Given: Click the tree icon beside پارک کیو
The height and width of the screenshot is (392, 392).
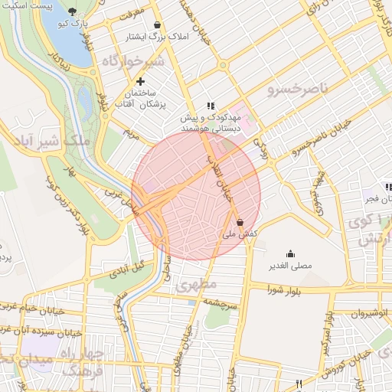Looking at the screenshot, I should (73, 11).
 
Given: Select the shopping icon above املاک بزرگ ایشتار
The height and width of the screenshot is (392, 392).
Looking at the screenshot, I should (157, 24).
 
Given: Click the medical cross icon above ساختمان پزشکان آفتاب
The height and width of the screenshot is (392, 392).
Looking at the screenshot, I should (140, 81).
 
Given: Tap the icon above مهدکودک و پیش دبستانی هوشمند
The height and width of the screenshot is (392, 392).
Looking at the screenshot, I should (211, 106).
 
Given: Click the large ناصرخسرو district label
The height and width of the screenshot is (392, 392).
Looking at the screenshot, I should (297, 91).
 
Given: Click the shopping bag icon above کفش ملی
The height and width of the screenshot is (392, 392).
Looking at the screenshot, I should (240, 222).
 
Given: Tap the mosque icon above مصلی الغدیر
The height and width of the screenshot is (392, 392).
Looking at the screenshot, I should (290, 253).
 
